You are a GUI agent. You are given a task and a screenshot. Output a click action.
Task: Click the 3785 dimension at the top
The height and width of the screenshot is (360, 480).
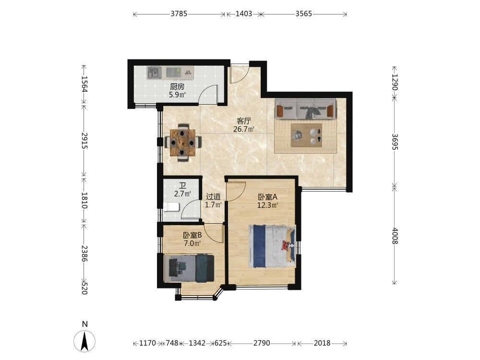tap(179, 14)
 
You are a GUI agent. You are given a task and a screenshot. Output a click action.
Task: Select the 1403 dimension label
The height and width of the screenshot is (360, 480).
tap(244, 14)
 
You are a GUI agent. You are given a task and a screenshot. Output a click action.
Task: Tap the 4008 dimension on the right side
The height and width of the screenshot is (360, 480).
tap(395, 236)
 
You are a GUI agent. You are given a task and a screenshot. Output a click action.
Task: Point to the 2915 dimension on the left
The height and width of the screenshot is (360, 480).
tap(84, 141)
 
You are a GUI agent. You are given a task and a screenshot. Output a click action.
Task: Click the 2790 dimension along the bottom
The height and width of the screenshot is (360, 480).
tap(262, 343)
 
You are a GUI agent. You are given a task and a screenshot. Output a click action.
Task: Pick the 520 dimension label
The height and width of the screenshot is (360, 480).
tap(84, 288)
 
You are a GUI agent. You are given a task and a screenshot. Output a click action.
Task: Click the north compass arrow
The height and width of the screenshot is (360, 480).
tap(84, 341)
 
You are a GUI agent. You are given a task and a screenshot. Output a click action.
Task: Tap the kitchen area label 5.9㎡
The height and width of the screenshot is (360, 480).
tap(178, 95)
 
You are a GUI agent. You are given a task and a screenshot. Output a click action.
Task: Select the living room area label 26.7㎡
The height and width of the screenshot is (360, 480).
tap(244, 129)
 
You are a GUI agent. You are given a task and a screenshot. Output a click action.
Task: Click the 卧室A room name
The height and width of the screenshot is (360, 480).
tap(267, 197)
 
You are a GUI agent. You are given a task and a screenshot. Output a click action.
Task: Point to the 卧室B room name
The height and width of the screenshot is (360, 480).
tap(192, 235)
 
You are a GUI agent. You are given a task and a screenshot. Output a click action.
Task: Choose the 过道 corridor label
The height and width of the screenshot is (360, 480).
tap(213, 196)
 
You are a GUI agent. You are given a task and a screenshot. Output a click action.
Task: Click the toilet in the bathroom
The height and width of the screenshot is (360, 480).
tap(171, 207)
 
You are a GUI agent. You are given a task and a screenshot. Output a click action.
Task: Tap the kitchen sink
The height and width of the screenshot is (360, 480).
tap(154, 73)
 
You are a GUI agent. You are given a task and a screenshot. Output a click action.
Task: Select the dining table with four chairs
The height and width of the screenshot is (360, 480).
tap(183, 143)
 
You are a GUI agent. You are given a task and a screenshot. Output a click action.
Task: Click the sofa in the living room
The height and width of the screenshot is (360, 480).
tap(305, 108)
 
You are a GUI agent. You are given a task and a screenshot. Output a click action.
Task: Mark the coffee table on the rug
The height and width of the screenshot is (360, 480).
tap(307, 135)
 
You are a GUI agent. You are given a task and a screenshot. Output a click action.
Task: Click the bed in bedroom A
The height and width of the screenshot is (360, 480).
tap(272, 246)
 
